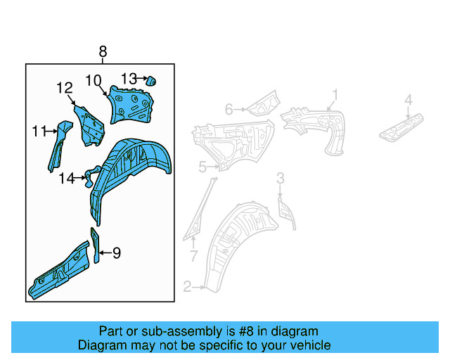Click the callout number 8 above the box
[x=103, y=52]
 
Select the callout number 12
[x=65, y=88]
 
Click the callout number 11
[x=39, y=131]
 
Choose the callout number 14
[x=66, y=179]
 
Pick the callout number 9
[x=117, y=252]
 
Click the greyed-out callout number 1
[x=335, y=94]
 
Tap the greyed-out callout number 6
[x=229, y=109]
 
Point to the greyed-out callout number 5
[x=202, y=167]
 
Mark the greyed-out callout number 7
[x=194, y=254]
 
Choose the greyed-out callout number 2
[x=187, y=286]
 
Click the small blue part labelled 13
[x=150, y=80]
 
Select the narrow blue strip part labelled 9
[x=96, y=243]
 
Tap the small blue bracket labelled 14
[x=91, y=178]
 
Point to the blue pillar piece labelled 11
[x=56, y=144]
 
